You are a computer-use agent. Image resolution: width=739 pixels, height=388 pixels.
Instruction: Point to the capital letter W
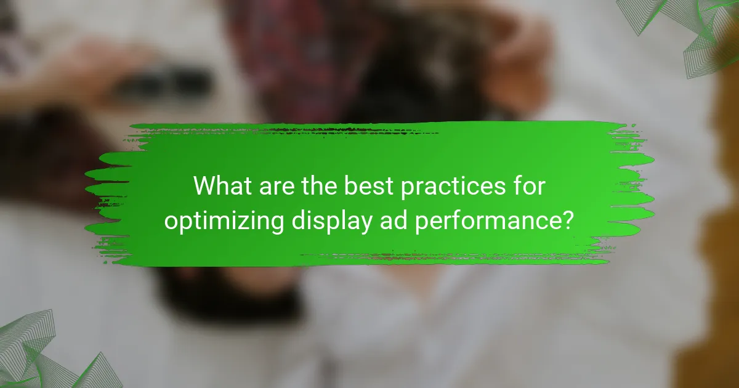pos(205,186)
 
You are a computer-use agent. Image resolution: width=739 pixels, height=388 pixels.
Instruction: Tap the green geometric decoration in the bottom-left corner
pos(37,354)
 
